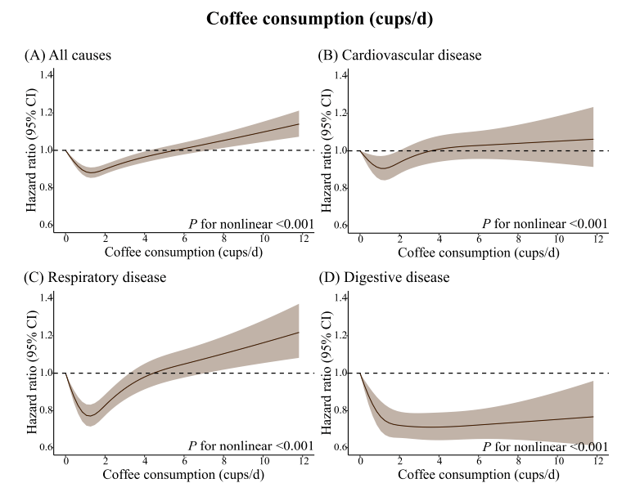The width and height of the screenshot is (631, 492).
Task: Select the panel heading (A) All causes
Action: coord(68,56)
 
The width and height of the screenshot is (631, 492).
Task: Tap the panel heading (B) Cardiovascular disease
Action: coord(399,56)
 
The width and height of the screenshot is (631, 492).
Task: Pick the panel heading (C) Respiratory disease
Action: coord(95,278)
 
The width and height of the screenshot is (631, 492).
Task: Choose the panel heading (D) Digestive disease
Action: coord(384,278)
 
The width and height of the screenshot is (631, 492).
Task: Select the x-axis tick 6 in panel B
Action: coord(480,239)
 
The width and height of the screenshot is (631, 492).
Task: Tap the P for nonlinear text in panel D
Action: coord(545,446)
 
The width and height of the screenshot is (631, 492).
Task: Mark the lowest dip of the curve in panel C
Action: coord(89,416)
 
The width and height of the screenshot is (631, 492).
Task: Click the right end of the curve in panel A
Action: coord(300,123)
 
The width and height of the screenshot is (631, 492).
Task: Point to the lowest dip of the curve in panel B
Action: coord(381,168)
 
